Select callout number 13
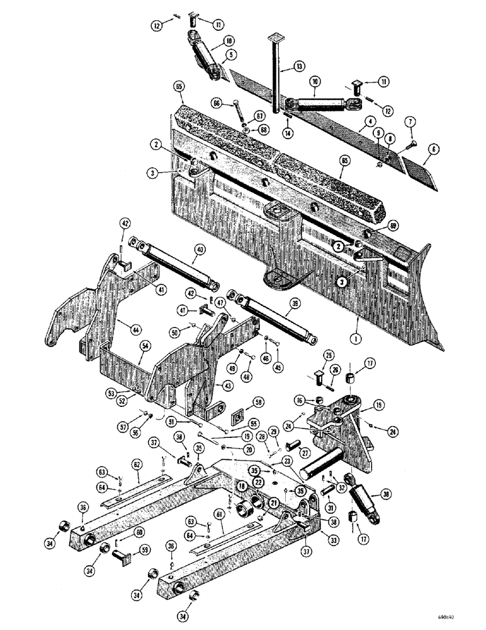point(297,65)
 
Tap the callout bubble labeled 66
point(217,103)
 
